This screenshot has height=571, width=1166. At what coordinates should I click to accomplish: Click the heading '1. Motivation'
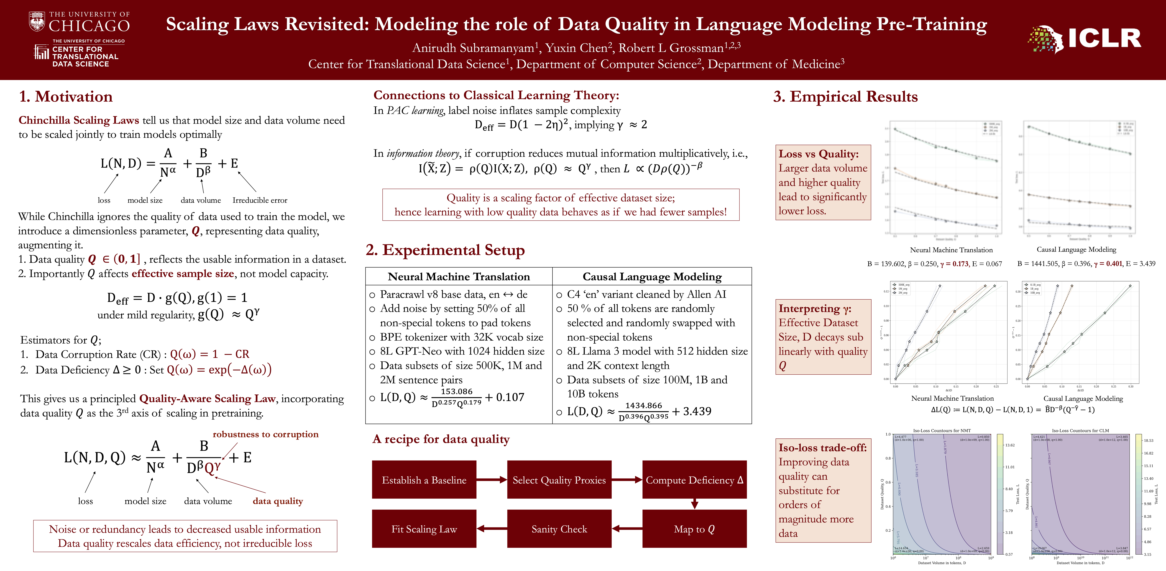coord(66,96)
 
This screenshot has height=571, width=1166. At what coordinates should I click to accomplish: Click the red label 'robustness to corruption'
coord(266,434)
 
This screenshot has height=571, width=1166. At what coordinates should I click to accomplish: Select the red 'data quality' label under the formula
coord(277,501)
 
